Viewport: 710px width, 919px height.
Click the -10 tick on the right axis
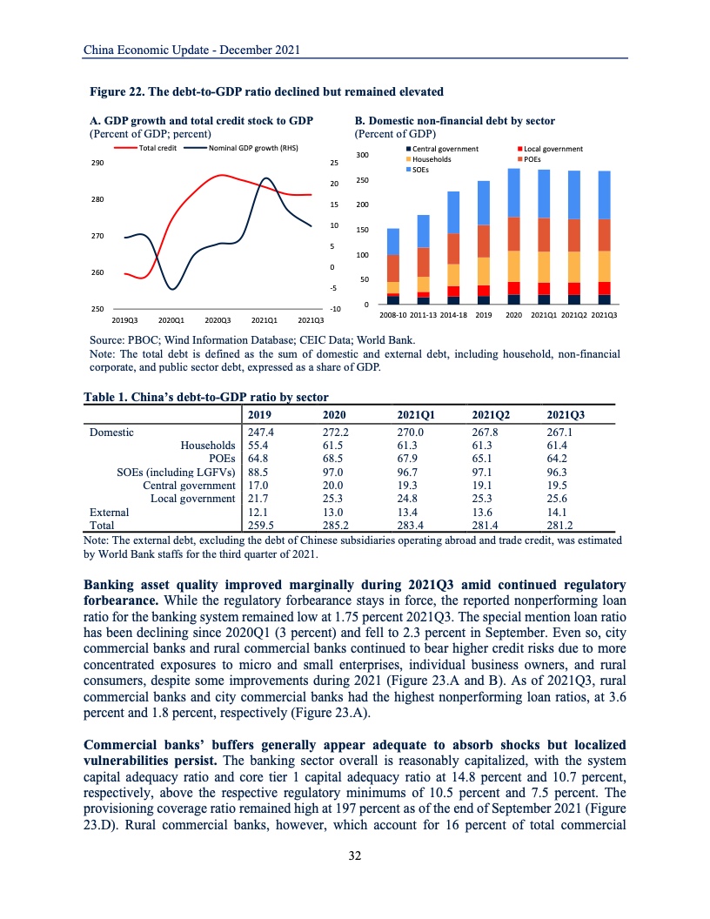point(334,309)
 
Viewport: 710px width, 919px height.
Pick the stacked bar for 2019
point(484,243)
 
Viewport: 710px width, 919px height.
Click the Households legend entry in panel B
point(432,159)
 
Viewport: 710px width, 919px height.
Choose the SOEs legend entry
point(423,170)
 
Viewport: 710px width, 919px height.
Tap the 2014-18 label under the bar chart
point(453,314)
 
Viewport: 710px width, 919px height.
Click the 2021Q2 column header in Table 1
point(490,415)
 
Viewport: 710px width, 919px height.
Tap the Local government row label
point(193,498)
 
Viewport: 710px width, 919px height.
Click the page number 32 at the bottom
point(355,856)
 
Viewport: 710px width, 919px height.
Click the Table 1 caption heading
point(205,397)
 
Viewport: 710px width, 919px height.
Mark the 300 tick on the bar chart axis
point(363,155)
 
